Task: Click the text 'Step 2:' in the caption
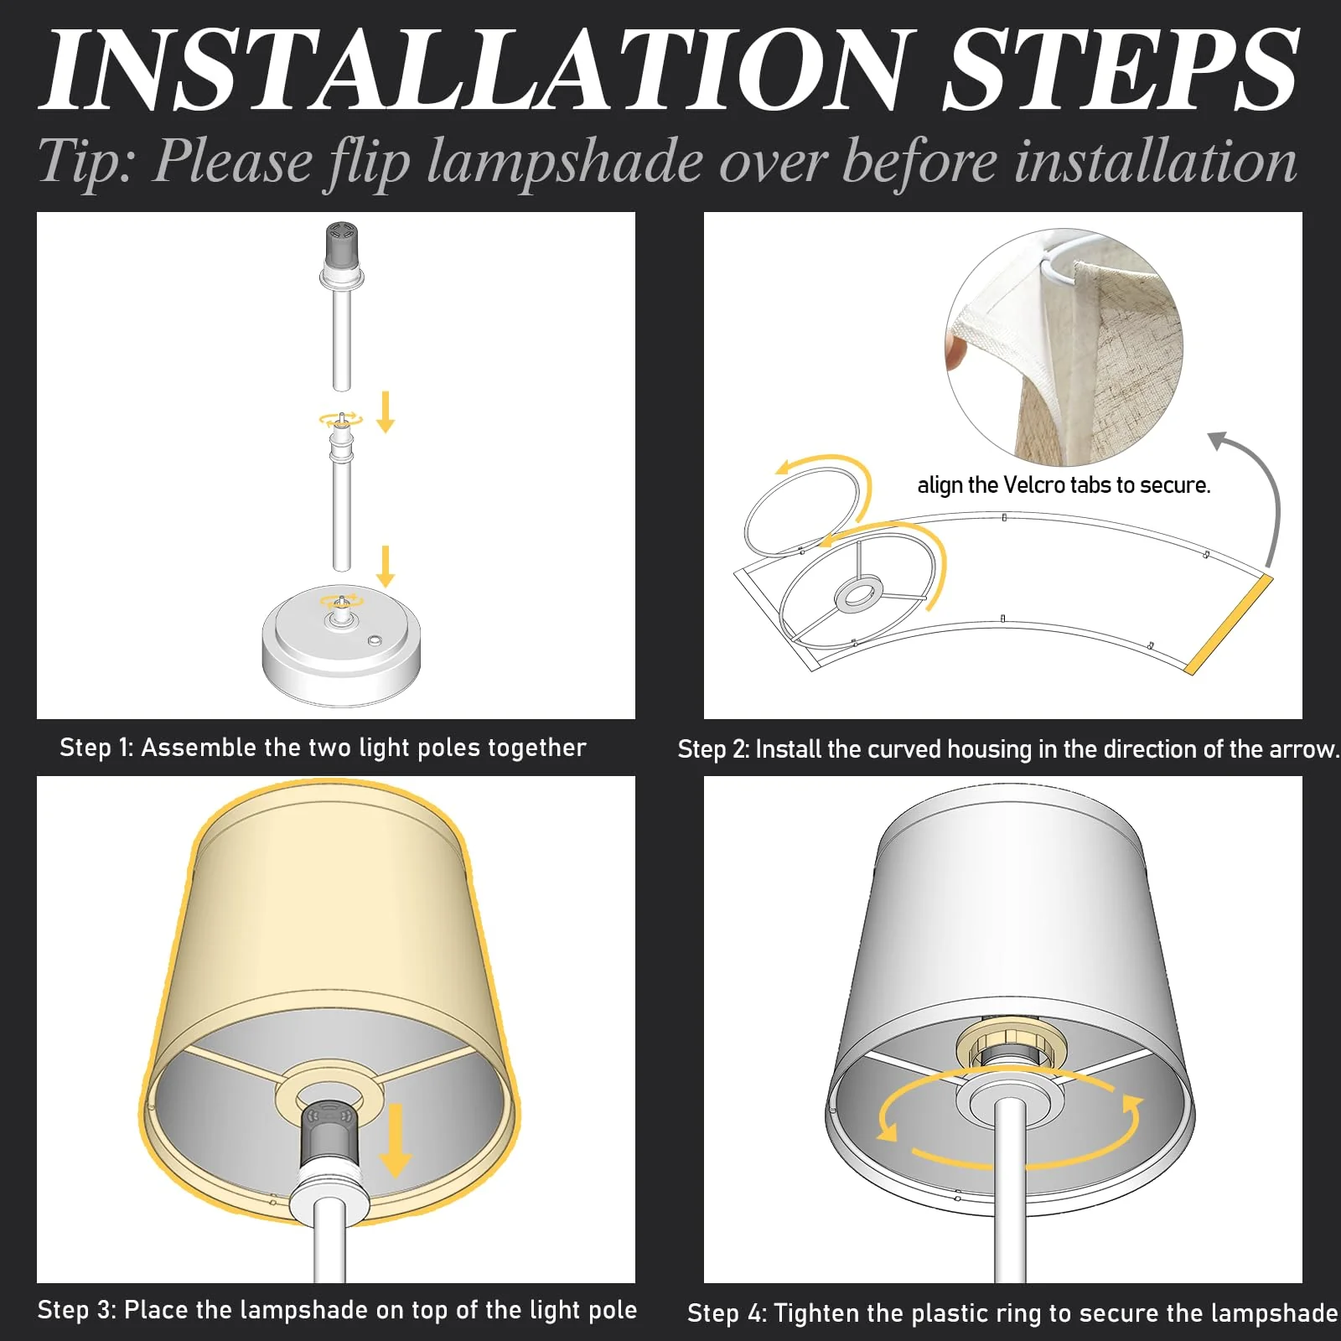click(713, 748)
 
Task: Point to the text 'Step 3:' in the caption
click(77, 1309)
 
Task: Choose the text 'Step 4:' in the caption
click(727, 1312)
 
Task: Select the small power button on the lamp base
click(375, 642)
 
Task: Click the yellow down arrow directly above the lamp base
click(386, 566)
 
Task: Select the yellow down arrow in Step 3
click(395, 1140)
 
